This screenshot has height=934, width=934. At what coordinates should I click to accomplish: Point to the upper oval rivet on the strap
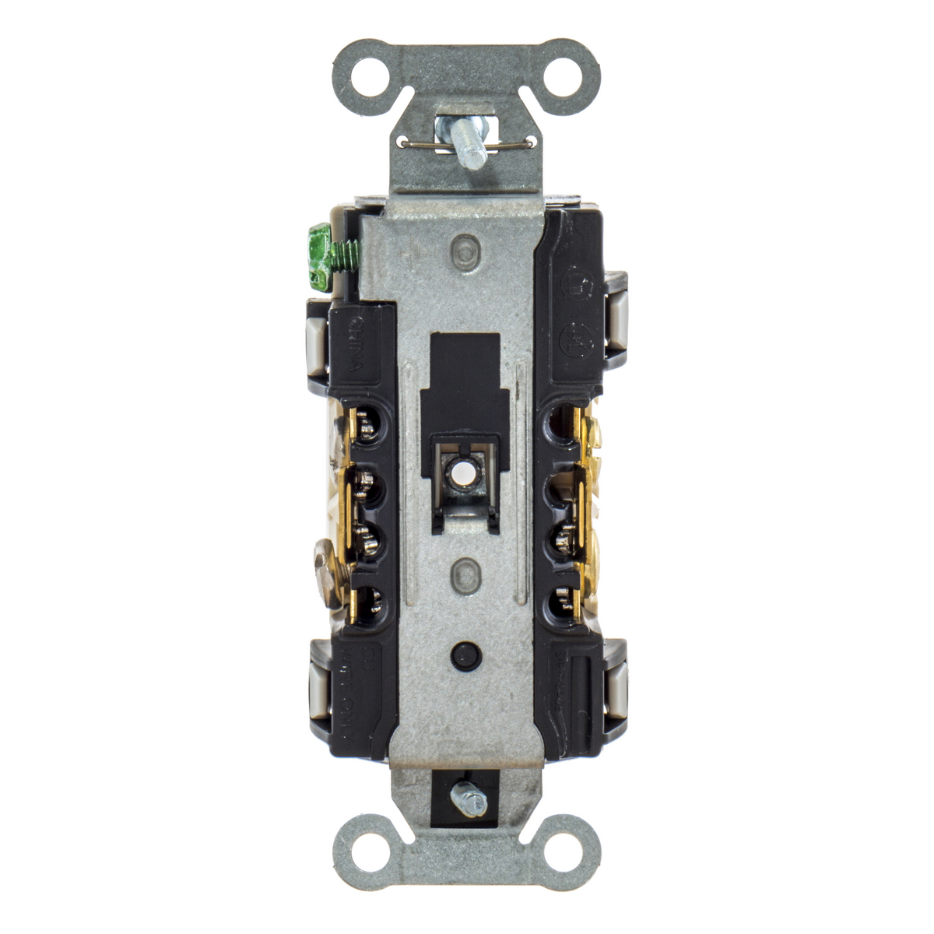click(465, 253)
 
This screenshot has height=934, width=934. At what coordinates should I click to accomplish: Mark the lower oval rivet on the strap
click(465, 574)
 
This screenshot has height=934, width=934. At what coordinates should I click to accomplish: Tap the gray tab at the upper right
click(616, 319)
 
